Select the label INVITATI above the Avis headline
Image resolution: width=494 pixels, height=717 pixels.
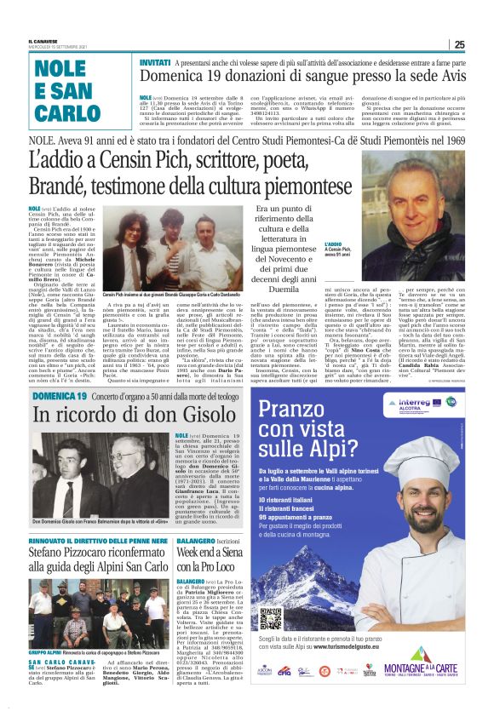(x=154, y=63)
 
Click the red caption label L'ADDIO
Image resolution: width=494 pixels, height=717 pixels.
(x=335, y=244)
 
